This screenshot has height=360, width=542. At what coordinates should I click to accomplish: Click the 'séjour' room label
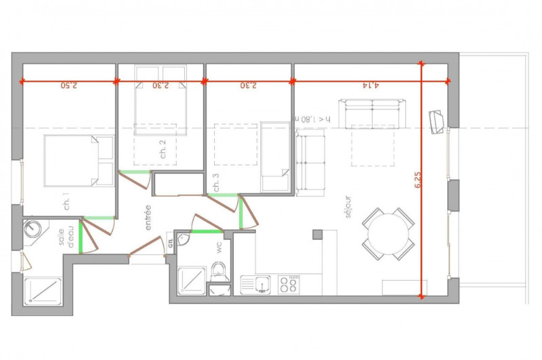348,207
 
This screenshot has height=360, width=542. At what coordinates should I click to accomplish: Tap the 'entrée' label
148,218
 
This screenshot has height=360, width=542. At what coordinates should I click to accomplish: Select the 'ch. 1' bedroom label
66,203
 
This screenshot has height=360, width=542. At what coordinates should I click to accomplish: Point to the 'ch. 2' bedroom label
163,149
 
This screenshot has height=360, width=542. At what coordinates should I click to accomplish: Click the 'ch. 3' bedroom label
216,182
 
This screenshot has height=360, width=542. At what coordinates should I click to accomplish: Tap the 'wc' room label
219,247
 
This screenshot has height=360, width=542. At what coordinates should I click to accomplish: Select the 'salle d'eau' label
66,237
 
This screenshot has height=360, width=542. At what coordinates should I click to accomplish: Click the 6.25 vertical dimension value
417,180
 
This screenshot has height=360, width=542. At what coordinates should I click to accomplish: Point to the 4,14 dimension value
371,85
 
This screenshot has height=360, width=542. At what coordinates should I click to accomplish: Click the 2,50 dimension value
69,85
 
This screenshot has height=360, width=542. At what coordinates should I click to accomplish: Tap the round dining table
388,234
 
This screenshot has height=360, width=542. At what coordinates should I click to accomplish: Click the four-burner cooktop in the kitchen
289,285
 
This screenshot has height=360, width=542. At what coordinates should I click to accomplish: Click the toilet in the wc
218,272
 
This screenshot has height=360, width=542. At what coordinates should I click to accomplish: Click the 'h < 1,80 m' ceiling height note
312,119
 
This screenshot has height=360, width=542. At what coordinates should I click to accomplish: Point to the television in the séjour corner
436,121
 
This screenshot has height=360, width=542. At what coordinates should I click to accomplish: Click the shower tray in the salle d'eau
43,292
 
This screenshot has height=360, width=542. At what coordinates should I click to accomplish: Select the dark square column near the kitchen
317,235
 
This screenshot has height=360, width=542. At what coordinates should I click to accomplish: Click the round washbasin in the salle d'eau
32,228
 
